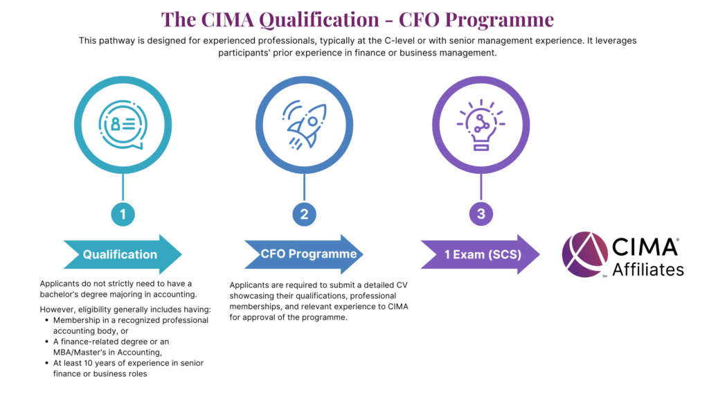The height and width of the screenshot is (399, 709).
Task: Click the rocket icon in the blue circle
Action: tap(305, 125)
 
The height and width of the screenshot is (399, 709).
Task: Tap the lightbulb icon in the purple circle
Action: tap(481, 125)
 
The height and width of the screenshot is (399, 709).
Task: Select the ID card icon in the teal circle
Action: tap(123, 125)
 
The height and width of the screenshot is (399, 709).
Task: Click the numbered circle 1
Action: tap(123, 214)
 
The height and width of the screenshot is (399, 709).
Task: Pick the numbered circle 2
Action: tap(305, 214)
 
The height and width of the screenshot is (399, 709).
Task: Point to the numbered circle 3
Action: tap(481, 213)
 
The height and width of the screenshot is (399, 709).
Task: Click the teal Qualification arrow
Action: tap(123, 254)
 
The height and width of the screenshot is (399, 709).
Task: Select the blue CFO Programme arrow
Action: tap(304, 254)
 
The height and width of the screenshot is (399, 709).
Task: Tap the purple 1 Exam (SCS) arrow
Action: tap(481, 254)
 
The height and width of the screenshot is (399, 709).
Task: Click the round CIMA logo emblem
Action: tap(585, 254)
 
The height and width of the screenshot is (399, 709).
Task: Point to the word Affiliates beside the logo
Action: tap(648, 269)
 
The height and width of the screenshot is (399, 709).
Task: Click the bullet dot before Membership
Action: tap(46, 320)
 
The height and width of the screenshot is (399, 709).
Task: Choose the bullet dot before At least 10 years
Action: tap(46, 363)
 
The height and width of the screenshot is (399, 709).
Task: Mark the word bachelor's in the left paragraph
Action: tap(61, 294)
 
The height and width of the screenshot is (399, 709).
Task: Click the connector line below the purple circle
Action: tap(481, 187)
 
